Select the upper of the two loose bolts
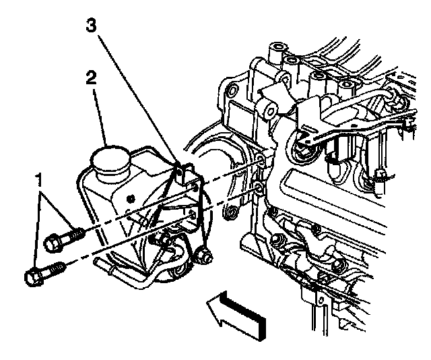65,237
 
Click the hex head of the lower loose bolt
32,276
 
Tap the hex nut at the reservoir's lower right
205,256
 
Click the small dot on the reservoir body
130,196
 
